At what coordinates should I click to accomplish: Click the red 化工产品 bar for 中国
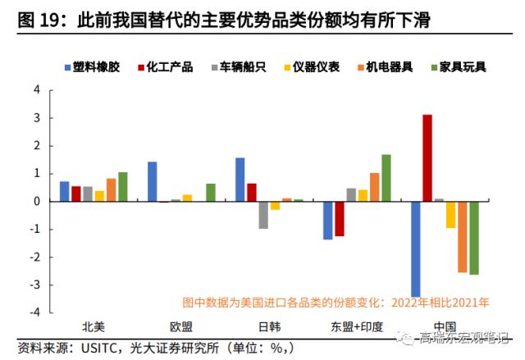click(427, 157)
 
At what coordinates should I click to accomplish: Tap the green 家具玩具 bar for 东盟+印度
click(386, 177)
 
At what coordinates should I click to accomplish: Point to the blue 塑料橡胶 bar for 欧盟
click(152, 181)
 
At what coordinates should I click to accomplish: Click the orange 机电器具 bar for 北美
click(112, 189)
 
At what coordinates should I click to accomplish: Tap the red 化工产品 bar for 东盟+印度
click(339, 218)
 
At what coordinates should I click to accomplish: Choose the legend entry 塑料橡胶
click(93, 66)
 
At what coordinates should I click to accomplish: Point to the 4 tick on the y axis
click(37, 90)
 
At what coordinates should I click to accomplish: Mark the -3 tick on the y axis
click(35, 285)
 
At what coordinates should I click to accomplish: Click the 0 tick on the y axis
click(37, 201)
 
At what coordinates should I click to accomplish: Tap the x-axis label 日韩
click(269, 326)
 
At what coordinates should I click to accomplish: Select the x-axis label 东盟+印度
click(357, 326)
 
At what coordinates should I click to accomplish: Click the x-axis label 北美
click(94, 326)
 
